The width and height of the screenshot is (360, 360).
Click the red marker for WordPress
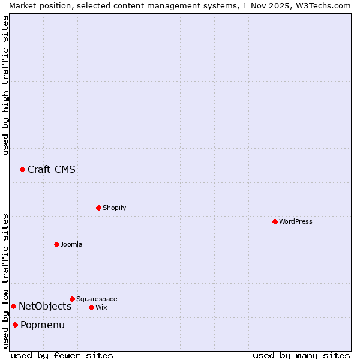tap(275, 221)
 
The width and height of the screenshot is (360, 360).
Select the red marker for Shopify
tap(98, 208)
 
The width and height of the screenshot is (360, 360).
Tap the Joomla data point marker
tap(56, 244)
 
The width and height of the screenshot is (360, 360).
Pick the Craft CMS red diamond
tap(22, 169)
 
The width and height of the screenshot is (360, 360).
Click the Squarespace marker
tap(72, 299)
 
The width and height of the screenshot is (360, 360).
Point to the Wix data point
tap(91, 307)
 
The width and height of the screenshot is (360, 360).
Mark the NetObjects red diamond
tap(13, 306)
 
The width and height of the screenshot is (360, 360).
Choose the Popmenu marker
tap(15, 325)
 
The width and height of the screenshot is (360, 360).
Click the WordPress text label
tap(295, 221)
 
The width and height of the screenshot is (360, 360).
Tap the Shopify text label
tap(114, 208)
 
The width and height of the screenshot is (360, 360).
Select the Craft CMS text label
tap(52, 169)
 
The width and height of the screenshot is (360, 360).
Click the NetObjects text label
tap(45, 306)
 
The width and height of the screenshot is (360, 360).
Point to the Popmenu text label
tap(43, 325)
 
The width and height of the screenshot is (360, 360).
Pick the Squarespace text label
tap(97, 299)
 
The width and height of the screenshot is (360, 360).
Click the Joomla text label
tap(71, 244)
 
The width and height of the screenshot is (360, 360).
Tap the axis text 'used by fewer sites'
tap(62, 355)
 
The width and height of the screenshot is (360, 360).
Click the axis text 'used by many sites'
tap(301, 355)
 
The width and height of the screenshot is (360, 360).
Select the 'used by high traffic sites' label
tap(5, 85)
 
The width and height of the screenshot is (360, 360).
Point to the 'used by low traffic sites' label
tap(5, 280)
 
